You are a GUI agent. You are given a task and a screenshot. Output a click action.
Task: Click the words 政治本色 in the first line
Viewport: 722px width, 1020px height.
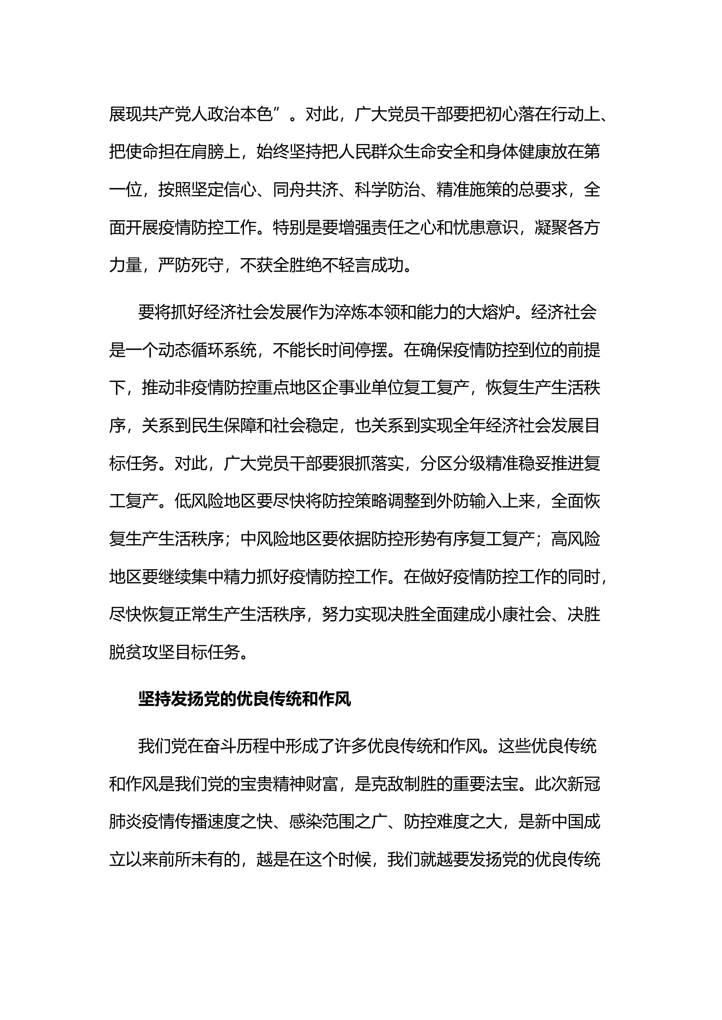point(240,114)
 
